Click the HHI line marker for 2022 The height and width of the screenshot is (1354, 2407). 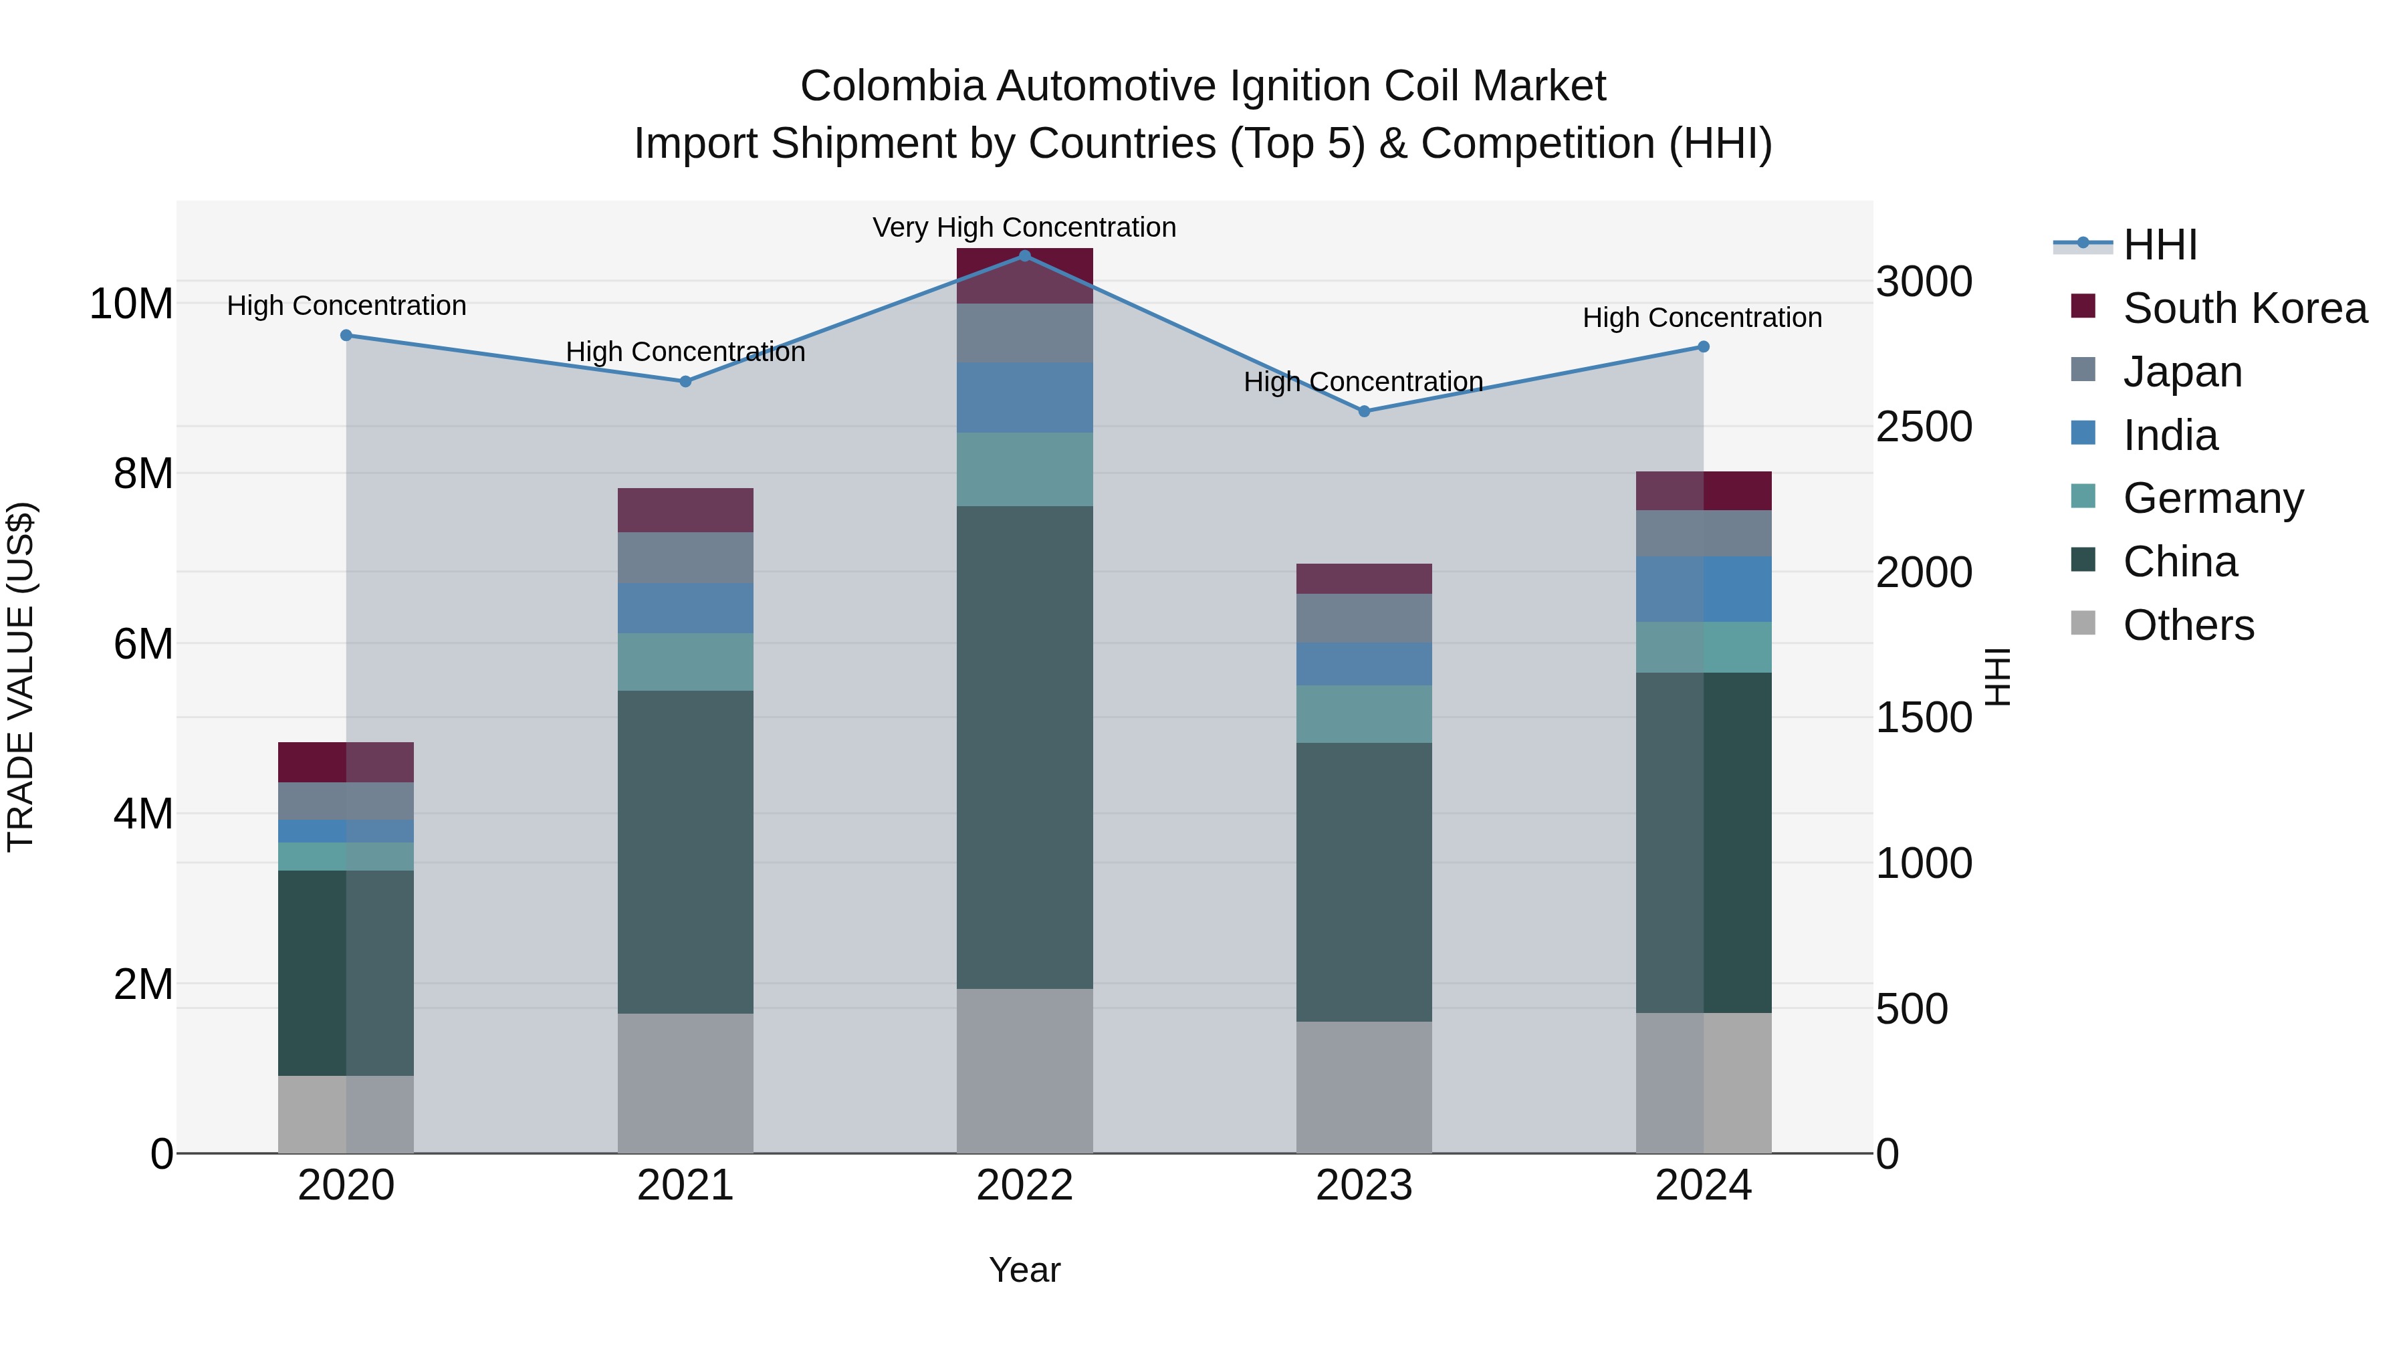pos(1024,255)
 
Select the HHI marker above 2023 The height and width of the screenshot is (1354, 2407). pos(1363,411)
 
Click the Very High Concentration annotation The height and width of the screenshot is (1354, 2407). pos(1024,227)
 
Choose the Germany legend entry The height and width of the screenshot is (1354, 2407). pos(2212,498)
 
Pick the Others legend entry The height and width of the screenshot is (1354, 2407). pos(2188,625)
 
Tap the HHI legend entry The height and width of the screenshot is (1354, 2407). pos(2160,245)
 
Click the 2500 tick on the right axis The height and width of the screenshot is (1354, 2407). pos(1924,427)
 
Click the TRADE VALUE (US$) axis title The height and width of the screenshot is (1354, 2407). pos(21,677)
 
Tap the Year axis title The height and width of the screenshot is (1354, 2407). pos(1024,1270)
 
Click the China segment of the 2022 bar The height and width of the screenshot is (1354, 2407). pos(1024,748)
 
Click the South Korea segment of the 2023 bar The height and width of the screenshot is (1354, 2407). pos(1363,578)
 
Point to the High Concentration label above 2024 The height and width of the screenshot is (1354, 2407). pos(1702,318)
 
